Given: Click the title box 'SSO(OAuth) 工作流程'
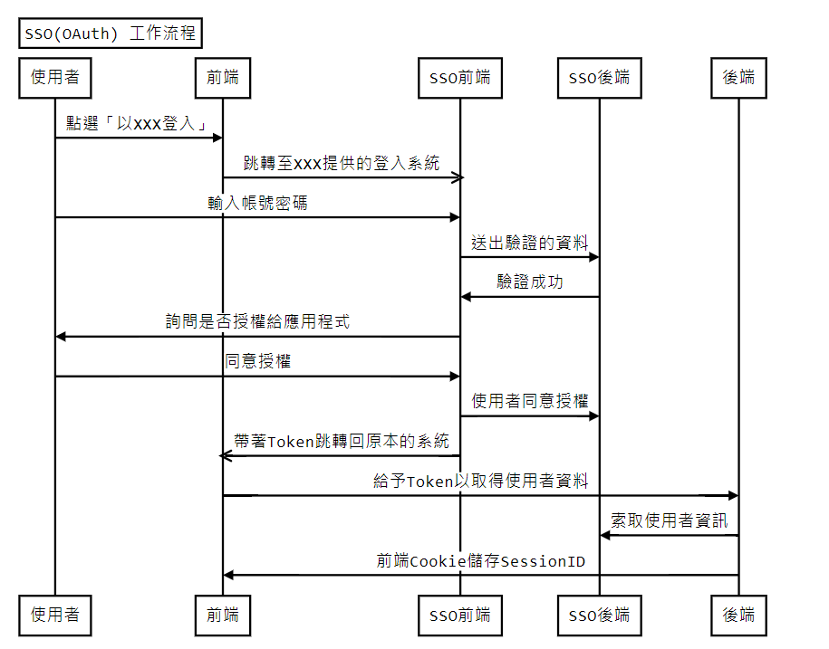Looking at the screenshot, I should (x=111, y=33).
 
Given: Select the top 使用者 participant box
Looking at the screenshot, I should (x=55, y=78).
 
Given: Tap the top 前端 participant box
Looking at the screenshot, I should (x=223, y=78).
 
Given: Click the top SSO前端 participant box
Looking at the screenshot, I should (x=459, y=78).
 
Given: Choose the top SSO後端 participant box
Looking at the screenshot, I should (x=599, y=78).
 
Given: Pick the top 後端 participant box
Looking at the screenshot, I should (x=738, y=78).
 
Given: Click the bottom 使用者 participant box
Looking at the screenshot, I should (x=55, y=616).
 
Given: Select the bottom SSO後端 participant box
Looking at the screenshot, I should (x=599, y=616).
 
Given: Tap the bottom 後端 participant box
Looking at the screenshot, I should (x=738, y=616).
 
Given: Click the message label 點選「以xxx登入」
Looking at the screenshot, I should (x=139, y=123).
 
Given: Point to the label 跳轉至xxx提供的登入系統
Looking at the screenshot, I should (x=342, y=163).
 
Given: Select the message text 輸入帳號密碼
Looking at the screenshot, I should (x=257, y=203).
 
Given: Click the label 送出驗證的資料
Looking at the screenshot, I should (x=530, y=243).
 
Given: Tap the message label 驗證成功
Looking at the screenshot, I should (x=530, y=282).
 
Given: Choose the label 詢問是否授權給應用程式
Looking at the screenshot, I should (x=257, y=322).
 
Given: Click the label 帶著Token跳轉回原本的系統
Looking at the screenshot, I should (x=342, y=442).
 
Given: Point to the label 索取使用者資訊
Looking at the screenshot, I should (x=669, y=521).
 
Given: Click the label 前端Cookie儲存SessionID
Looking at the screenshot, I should (x=481, y=561).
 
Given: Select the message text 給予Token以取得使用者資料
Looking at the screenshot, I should (x=481, y=482).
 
